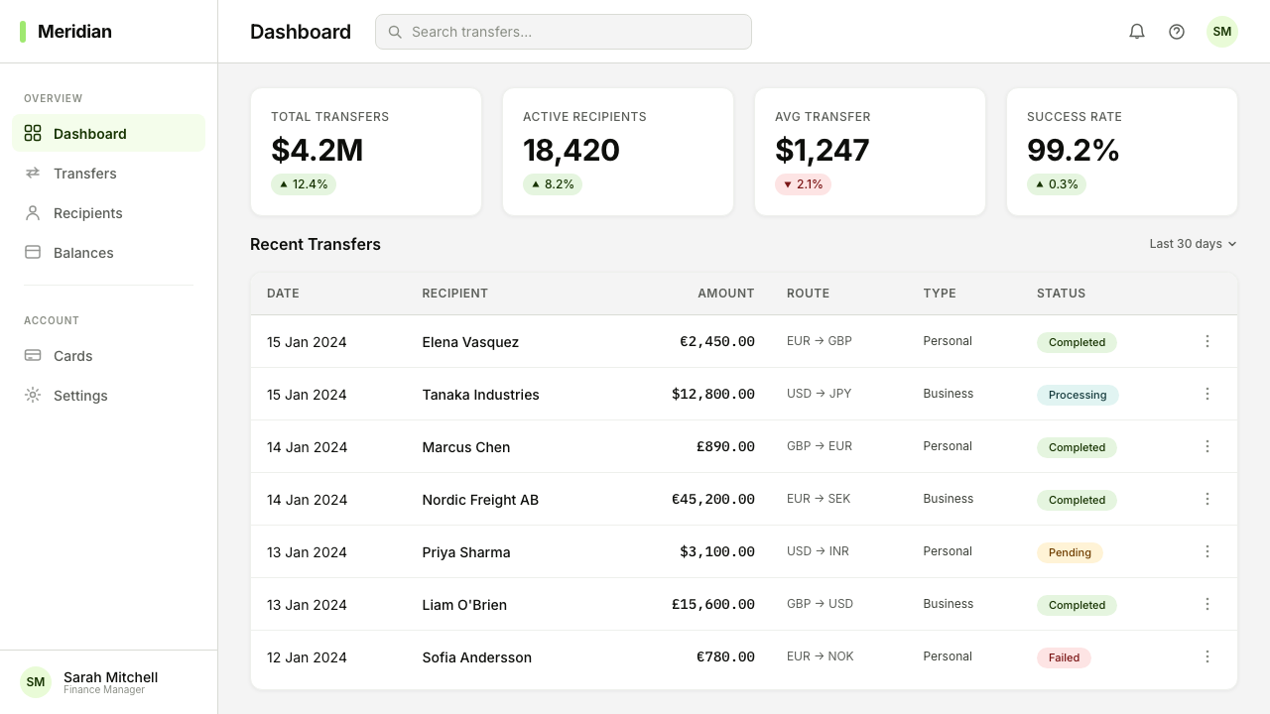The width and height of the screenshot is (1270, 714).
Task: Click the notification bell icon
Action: click(1137, 32)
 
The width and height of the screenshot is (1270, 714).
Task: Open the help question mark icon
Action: click(1177, 32)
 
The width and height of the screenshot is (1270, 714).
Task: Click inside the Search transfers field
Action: click(563, 32)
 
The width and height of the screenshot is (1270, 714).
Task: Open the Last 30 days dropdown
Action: click(1193, 244)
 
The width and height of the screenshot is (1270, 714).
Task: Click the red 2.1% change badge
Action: click(803, 184)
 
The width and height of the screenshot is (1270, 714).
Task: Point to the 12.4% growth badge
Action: click(304, 184)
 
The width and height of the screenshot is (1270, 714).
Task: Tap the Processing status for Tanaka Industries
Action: click(1078, 395)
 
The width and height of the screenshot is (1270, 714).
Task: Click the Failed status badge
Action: click(1064, 657)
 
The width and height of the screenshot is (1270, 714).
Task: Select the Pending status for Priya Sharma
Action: click(1070, 552)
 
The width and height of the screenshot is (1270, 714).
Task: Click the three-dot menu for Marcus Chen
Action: click(1207, 446)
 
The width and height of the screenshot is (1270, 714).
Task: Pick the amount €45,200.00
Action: click(712, 499)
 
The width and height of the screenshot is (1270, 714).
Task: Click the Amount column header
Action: click(725, 294)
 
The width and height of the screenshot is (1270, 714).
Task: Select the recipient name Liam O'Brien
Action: click(464, 605)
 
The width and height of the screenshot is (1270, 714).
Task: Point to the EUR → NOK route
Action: click(820, 656)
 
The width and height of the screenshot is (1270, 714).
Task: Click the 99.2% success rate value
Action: click(1073, 150)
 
